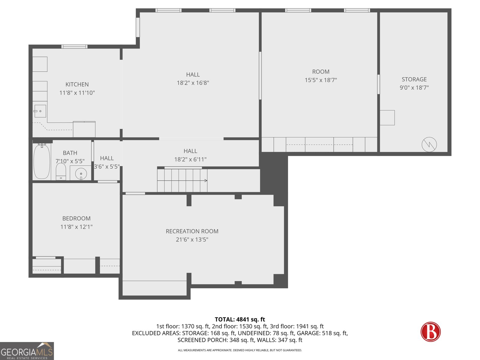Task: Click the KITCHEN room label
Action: tap(77, 84)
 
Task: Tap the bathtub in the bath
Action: tap(41, 161)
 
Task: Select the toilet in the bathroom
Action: tap(61, 172)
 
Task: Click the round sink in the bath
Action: tap(81, 174)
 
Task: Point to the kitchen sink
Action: tap(40, 111)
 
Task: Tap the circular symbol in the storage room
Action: tap(429, 145)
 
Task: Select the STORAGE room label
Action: tap(414, 79)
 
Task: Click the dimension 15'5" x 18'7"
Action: tap(321, 80)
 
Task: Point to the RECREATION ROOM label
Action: tap(192, 231)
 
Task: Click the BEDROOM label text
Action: tap(76, 218)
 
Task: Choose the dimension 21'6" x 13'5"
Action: tap(192, 240)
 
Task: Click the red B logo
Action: tap(430, 331)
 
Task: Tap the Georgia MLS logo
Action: tap(27, 351)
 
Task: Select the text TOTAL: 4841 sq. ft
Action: tap(240, 319)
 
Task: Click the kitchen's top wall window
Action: tap(74, 46)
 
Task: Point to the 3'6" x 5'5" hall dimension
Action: tap(107, 166)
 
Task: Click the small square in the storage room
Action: tap(387, 118)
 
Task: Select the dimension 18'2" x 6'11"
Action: tap(190, 160)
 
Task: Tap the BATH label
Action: tap(70, 153)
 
